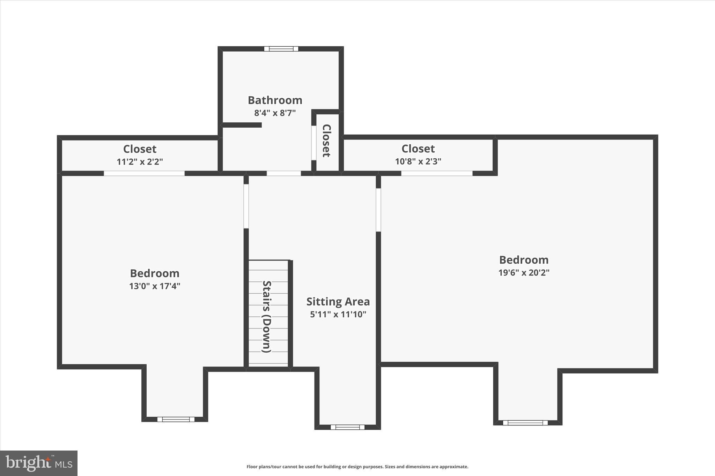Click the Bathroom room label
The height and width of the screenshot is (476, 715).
tap(275, 100)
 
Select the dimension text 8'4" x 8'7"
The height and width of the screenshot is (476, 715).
tap(275, 113)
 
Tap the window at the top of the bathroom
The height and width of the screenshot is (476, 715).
tap(281, 49)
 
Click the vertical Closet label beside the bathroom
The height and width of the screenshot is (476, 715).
tap(326, 141)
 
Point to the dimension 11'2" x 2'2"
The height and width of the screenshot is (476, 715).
tap(140, 162)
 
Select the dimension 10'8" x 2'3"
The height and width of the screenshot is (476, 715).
tap(418, 161)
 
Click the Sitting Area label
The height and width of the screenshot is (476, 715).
tap(338, 302)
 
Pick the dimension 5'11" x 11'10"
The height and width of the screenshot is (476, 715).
tap(338, 315)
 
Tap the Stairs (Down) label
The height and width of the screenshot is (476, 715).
tap(267, 317)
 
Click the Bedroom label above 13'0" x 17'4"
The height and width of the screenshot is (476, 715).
tap(155, 273)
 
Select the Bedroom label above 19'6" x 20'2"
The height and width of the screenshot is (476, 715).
tap(524, 260)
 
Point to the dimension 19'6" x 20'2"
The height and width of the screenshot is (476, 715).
tap(524, 273)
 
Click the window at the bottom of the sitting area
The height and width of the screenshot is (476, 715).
tap(347, 427)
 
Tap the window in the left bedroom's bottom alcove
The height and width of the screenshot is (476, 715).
tap(176, 420)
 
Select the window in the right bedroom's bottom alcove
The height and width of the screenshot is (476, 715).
tap(525, 423)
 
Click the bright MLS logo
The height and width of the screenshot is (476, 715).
tap(39, 463)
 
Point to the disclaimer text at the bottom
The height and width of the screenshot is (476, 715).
tap(357, 467)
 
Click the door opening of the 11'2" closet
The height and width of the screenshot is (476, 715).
tap(144, 173)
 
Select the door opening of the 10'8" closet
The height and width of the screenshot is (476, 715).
tap(436, 173)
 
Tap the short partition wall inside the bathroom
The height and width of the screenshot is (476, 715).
tap(242, 125)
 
